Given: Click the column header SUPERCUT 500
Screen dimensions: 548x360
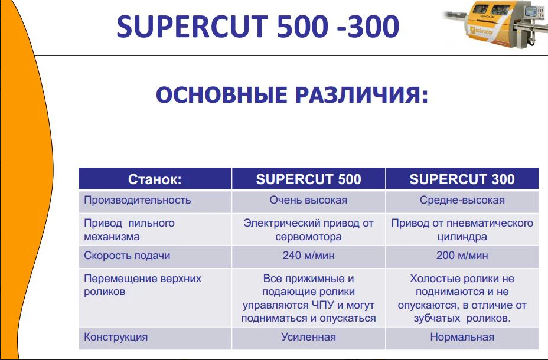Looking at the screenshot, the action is click(308, 179).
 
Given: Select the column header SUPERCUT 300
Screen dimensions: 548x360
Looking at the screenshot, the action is click(462, 179).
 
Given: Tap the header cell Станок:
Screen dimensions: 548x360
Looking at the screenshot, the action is click(155, 179).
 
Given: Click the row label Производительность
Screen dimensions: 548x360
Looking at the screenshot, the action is click(138, 200).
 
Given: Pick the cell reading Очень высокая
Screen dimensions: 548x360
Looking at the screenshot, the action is click(308, 200).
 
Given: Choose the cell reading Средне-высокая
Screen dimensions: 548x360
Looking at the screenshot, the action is click(462, 200).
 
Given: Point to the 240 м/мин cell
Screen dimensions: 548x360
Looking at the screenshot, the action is click(308, 256).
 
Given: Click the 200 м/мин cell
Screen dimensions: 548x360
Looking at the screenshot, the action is click(462, 256).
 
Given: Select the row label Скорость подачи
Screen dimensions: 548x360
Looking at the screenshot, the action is click(127, 256).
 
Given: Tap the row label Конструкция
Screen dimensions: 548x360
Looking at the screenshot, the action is click(116, 337).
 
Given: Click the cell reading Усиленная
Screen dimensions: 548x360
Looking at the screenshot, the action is click(308, 337).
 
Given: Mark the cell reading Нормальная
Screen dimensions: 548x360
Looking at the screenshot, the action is click(462, 337).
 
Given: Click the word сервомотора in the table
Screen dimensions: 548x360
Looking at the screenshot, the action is click(308, 237).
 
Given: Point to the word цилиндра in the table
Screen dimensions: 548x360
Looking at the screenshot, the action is click(462, 237).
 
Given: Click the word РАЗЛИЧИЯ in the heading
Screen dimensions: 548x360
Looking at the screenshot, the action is click(362, 94).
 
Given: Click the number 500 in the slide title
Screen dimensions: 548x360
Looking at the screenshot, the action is click(303, 27).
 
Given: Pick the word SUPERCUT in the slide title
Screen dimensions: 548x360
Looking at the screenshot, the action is click(193, 27).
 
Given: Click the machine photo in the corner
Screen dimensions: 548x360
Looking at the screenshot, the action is click(494, 24).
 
